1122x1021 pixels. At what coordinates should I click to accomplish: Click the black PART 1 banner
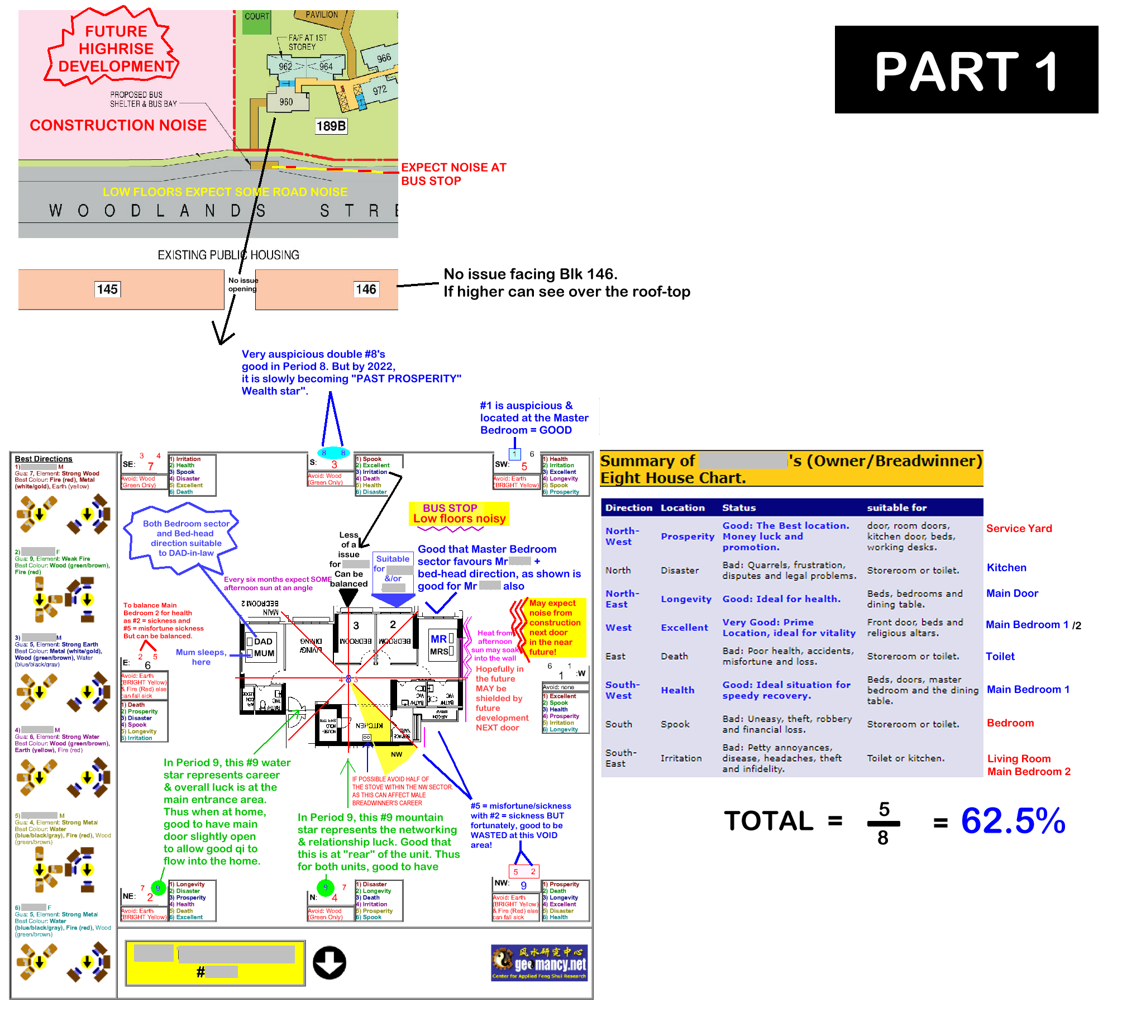(966, 70)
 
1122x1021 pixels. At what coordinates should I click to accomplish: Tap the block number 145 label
(107, 289)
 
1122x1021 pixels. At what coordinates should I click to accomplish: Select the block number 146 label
(366, 289)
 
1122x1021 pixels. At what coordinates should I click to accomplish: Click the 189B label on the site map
(331, 126)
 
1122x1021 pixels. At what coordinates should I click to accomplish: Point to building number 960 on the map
(286, 102)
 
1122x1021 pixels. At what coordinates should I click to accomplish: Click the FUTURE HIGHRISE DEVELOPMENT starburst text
(116, 49)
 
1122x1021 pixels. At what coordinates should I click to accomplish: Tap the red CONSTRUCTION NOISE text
(118, 125)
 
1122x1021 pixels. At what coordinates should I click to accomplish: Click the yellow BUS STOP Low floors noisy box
(459, 514)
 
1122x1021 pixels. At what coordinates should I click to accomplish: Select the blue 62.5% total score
(1013, 820)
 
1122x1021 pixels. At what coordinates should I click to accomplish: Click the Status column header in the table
(738, 507)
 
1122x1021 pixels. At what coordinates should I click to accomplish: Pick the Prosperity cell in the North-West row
(687, 536)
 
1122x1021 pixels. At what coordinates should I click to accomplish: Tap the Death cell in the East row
(674, 656)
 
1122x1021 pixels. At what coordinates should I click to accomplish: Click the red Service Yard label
(1019, 528)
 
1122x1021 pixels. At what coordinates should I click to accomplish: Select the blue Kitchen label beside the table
(1006, 567)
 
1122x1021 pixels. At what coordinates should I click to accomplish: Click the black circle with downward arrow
(329, 962)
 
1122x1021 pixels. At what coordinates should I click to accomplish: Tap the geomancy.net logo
(539, 962)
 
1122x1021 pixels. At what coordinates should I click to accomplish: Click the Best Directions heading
(43, 459)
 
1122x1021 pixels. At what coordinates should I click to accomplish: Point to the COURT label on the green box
(256, 16)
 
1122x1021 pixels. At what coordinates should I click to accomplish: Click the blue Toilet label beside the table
(1000, 656)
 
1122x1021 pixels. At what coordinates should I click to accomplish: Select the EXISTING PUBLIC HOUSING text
(228, 255)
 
